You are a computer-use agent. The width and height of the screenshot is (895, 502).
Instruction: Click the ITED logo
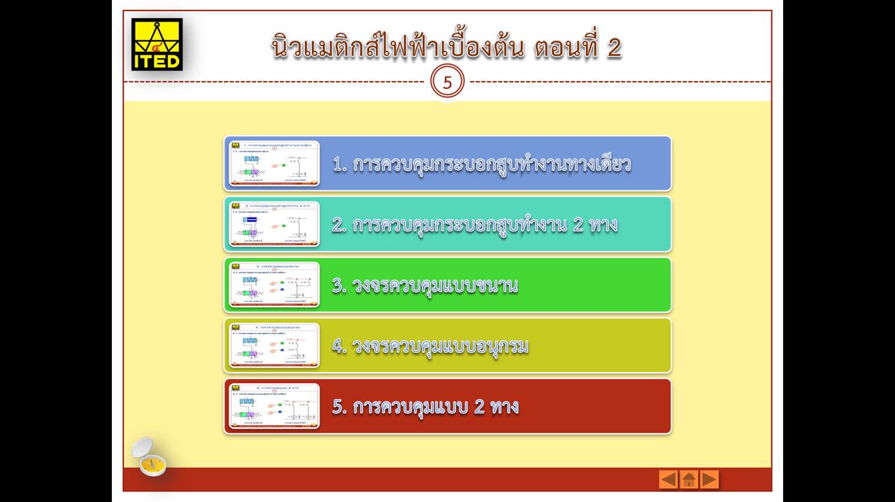pyautogui.click(x=157, y=44)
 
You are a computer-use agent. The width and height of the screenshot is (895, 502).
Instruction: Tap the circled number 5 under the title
pyautogui.click(x=447, y=83)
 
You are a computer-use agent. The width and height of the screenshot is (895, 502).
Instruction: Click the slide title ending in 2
pyautogui.click(x=447, y=47)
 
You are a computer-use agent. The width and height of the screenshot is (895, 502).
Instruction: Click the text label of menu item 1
pyautogui.click(x=482, y=164)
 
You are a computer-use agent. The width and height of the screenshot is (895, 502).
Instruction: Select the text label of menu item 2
pyautogui.click(x=475, y=225)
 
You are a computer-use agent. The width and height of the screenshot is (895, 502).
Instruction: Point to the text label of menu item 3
pyautogui.click(x=425, y=285)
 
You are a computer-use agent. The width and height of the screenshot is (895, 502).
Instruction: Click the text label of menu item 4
pyautogui.click(x=430, y=346)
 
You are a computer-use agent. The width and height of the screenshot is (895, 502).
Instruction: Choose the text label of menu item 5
pyautogui.click(x=425, y=406)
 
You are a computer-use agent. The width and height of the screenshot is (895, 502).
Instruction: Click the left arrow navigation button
pyautogui.click(x=668, y=479)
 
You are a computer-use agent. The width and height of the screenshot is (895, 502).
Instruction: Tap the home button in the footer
pyautogui.click(x=689, y=479)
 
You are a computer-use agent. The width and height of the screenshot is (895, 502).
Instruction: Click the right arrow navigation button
pyautogui.click(x=709, y=479)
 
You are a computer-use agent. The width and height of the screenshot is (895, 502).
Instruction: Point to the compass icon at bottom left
pyautogui.click(x=149, y=457)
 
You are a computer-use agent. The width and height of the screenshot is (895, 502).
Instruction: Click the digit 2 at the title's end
pyautogui.click(x=614, y=48)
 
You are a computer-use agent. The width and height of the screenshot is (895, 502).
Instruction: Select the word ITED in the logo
pyautogui.click(x=157, y=62)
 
